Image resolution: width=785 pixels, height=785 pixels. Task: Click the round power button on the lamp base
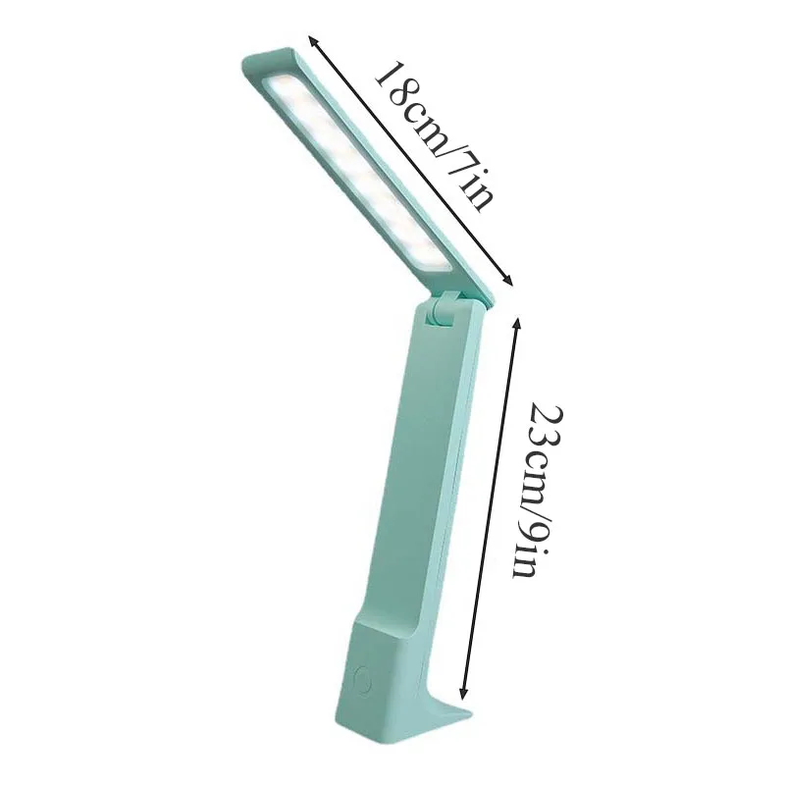361,680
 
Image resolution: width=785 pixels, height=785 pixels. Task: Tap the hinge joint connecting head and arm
444,310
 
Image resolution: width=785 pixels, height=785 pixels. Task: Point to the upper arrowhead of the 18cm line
312,40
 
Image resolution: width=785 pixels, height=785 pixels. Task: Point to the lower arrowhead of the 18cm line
509,282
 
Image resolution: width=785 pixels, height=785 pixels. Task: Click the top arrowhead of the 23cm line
517,322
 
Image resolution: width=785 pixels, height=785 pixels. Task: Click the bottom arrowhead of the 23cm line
463,695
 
